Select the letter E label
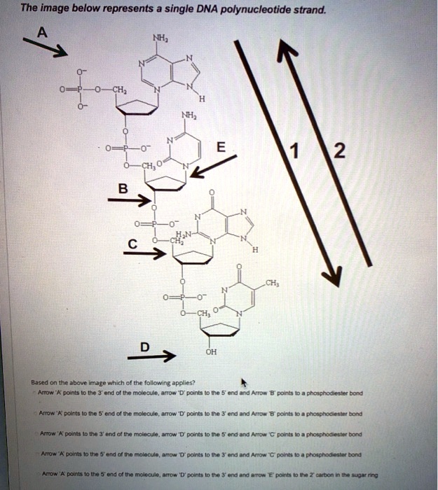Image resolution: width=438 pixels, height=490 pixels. (221, 148)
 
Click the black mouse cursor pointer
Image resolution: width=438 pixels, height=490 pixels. (244, 382)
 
